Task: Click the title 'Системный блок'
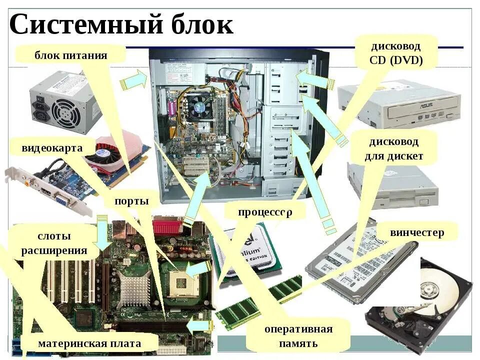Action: click(121, 24)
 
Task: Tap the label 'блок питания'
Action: click(70, 54)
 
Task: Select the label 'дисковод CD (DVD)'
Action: click(396, 53)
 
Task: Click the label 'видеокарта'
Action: click(52, 148)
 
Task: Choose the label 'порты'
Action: click(131, 201)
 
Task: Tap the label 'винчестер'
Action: click(417, 232)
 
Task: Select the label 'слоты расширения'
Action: click(54, 243)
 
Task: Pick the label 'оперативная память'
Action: click(298, 336)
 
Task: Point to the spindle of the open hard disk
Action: click(429, 290)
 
